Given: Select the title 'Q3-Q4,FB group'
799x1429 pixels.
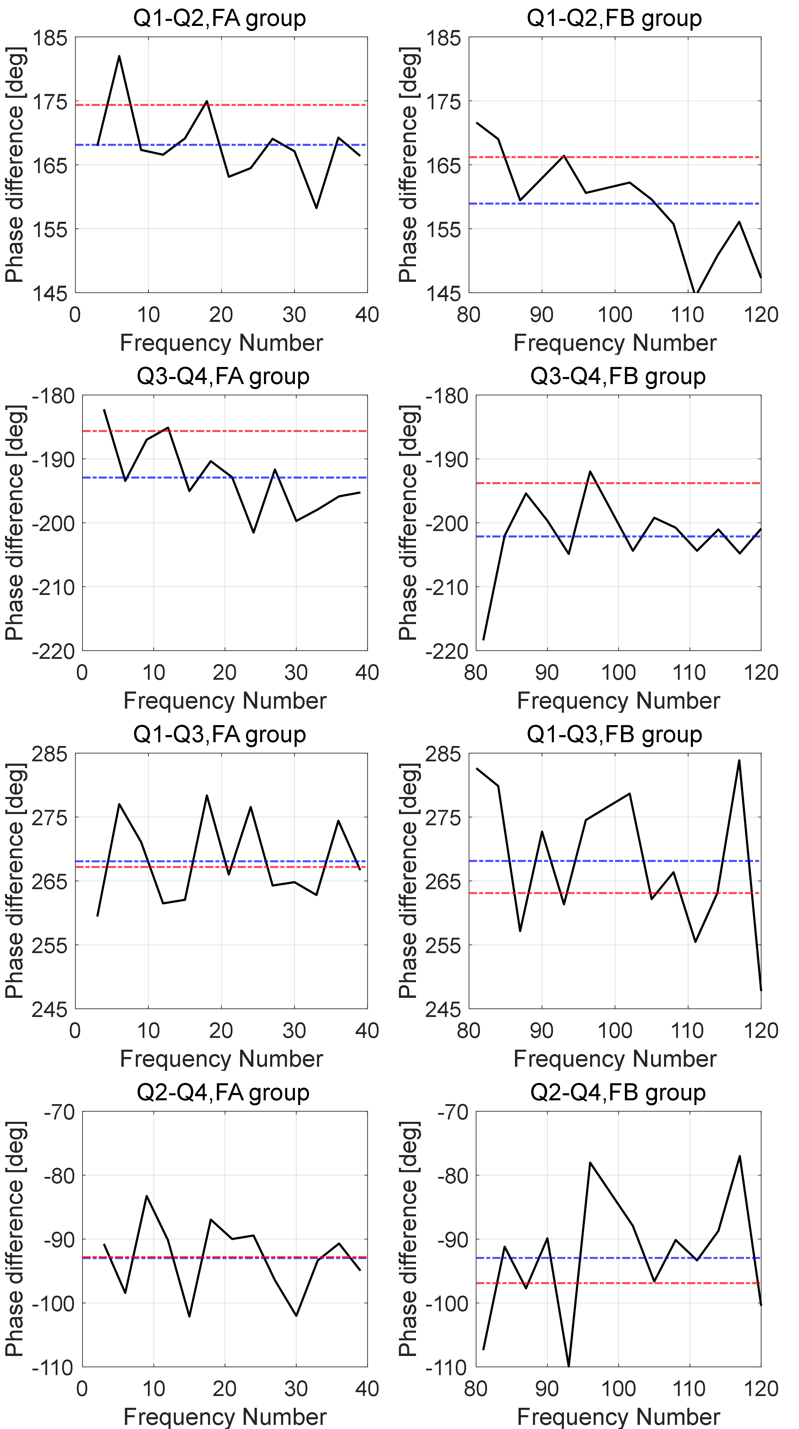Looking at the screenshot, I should click(x=618, y=376).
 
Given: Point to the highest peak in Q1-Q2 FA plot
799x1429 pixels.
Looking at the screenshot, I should click(x=119, y=56).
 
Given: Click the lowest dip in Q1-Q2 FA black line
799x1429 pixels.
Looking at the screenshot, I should click(x=316, y=208).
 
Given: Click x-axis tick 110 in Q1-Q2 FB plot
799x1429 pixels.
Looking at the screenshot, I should click(x=687, y=315).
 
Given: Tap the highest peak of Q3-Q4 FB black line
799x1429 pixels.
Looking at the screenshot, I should click(x=590, y=472).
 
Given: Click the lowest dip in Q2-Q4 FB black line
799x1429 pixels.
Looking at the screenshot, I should click(x=569, y=1365).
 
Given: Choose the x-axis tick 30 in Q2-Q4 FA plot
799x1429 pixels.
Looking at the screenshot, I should click(x=296, y=1389).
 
